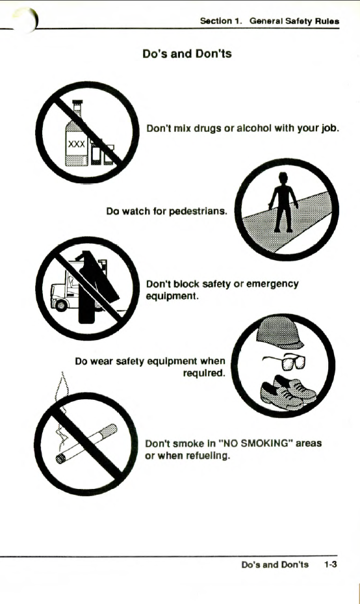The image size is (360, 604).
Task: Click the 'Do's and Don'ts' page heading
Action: pos(186,53)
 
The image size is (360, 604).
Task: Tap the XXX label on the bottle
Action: pos(76,144)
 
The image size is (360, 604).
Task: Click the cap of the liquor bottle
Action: pos(77,103)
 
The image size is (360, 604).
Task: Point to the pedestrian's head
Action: pos(283,178)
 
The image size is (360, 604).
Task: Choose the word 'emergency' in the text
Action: pos(272,284)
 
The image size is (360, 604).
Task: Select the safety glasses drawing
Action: pos(285,361)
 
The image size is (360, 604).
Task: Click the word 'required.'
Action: pos(204,373)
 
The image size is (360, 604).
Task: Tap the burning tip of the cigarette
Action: pos(60,458)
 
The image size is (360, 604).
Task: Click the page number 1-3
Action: pos(330,565)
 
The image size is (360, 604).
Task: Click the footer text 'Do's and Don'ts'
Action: pos(275,565)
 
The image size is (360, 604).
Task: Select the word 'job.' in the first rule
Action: pos(330,128)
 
